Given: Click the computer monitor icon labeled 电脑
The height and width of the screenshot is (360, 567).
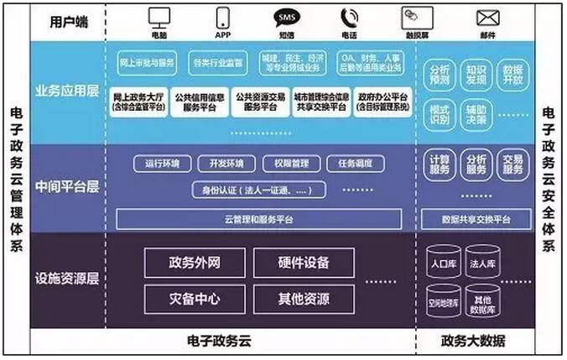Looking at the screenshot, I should tap(159, 16).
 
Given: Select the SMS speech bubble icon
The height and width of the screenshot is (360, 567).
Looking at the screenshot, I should tap(285, 16).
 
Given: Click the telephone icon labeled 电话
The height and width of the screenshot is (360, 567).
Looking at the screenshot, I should tap(349, 16).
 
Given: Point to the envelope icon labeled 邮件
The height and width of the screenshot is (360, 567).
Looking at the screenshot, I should tap(488, 16).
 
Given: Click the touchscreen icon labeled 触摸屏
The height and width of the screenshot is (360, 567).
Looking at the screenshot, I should tap(417, 16).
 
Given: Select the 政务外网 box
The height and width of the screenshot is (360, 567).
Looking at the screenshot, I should tap(195, 263).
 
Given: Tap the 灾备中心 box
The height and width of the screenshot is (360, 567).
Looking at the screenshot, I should tap(195, 298).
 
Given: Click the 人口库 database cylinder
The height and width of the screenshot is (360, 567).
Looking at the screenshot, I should tap(442, 261).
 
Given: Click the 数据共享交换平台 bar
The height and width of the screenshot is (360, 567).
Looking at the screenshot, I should tap(475, 219).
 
